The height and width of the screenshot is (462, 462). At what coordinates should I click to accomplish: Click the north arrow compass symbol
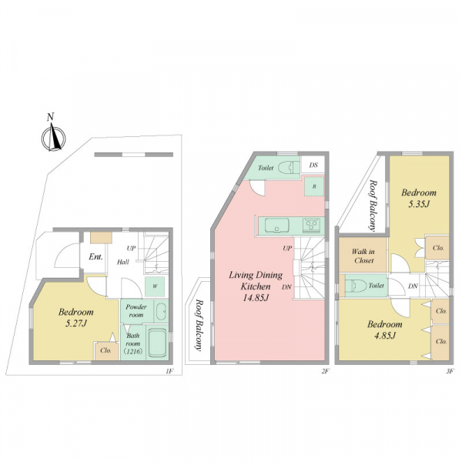point(53,136)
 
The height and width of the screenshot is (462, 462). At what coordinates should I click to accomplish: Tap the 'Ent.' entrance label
point(95,257)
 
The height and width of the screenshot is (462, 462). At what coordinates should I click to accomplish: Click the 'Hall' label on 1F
point(123,262)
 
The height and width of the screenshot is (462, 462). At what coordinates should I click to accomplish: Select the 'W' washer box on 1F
point(155,286)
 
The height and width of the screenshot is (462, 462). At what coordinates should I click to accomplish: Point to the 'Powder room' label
point(136,311)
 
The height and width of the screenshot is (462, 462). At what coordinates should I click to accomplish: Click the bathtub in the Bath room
point(158,343)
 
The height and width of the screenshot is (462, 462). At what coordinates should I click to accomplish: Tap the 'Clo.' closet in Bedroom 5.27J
point(105,350)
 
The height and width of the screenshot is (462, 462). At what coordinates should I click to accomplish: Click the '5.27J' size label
point(76,324)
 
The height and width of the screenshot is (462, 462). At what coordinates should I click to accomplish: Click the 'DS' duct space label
point(313,165)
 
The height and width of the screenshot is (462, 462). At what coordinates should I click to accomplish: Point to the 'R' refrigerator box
point(314,186)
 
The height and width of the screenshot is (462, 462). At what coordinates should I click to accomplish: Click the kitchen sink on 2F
point(276,226)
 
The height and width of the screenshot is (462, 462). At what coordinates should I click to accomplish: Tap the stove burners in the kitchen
point(312,225)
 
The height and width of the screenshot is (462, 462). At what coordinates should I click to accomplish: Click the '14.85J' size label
point(256,298)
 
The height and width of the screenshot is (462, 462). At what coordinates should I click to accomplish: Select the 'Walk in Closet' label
point(363,256)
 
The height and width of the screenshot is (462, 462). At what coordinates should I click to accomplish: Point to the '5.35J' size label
point(418,204)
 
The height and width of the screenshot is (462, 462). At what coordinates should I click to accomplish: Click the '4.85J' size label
point(384,336)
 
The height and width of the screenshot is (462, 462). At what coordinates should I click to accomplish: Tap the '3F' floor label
point(449,372)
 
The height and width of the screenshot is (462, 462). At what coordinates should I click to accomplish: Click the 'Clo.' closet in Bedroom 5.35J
point(438,248)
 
